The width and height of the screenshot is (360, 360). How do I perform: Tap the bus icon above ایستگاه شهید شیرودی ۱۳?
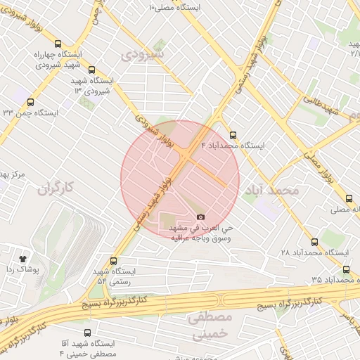click(x=92, y=69)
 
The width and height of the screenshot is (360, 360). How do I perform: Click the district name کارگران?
click(x=56, y=188)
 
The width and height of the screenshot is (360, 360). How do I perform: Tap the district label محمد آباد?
click(x=271, y=191)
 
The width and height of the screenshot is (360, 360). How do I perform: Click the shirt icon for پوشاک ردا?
click(x=25, y=258)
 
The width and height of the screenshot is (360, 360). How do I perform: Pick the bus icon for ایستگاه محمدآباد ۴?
click(x=233, y=135)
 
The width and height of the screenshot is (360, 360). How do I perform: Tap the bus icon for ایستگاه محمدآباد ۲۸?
click(x=314, y=241)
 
